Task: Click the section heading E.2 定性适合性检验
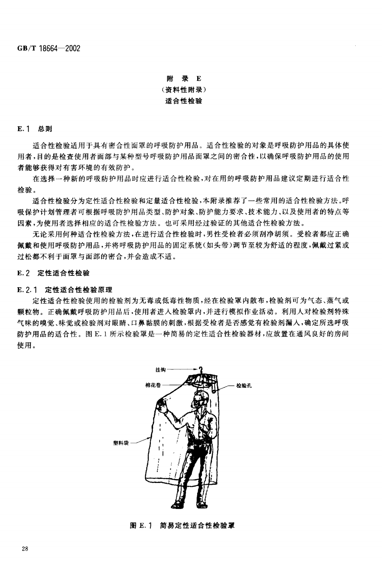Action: point(53,273)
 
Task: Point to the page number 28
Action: point(25,549)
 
